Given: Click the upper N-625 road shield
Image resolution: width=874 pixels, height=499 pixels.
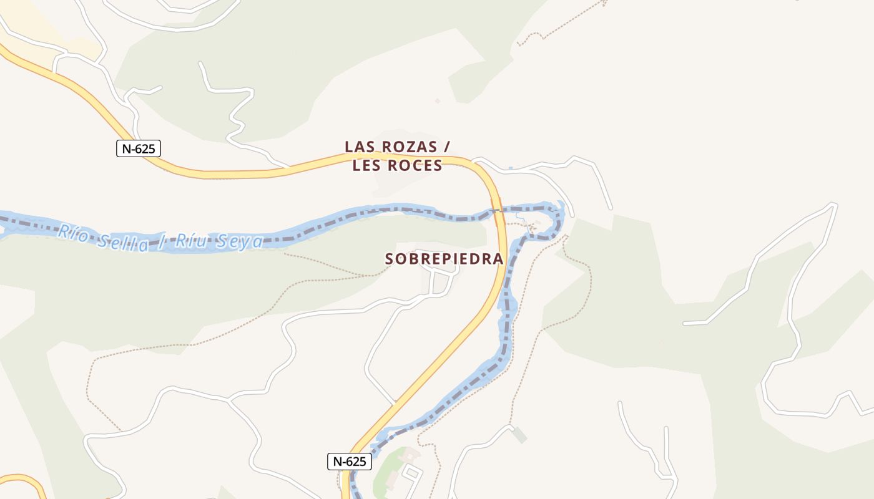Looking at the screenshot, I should [x=139, y=148].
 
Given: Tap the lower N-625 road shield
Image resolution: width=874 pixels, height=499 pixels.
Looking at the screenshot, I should [x=349, y=462].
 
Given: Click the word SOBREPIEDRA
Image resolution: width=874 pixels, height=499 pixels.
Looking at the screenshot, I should [x=444, y=259].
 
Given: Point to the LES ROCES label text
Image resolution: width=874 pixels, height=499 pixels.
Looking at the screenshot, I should [x=397, y=165].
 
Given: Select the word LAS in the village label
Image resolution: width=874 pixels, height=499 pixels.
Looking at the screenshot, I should [x=360, y=147].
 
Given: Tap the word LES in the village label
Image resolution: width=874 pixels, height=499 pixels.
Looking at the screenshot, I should [x=366, y=165].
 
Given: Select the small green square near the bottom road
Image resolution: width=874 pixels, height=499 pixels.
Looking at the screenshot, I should [x=519, y=435].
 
